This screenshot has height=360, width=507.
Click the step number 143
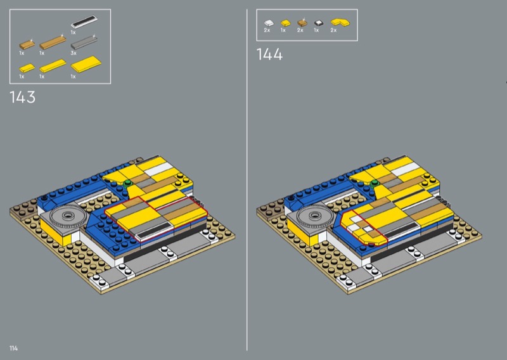click(22, 97)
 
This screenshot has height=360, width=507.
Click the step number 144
click(269, 54)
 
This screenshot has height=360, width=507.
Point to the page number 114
click(13, 348)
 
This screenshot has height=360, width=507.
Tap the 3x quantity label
click(74, 53)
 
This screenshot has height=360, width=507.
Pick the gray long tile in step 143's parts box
click(84, 42)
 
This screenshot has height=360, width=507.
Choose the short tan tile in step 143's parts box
click(27, 45)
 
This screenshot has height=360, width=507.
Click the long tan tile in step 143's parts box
click(53, 42)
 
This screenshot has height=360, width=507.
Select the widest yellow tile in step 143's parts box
click(86, 64)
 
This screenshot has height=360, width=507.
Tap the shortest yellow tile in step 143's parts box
click(27, 68)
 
